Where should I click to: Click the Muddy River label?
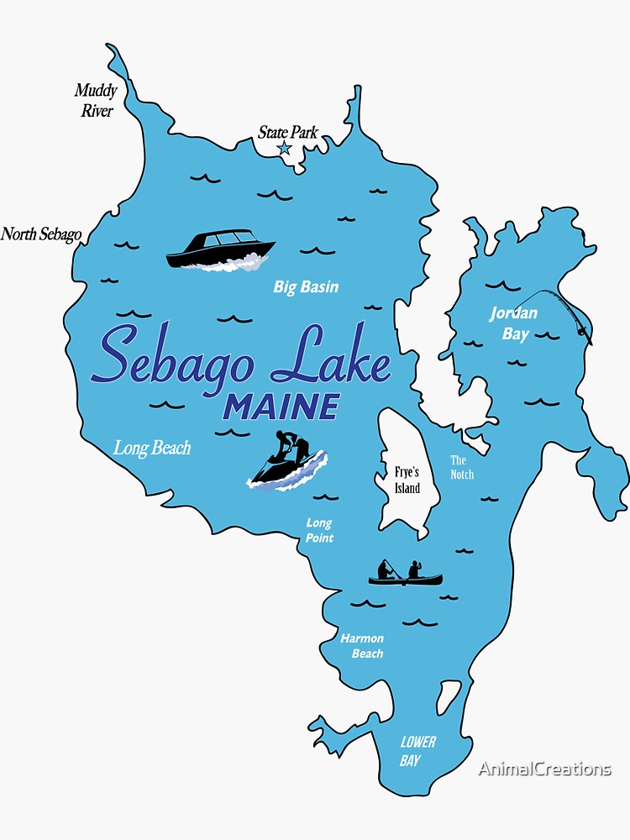pos(96,100)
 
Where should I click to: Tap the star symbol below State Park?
pos(284,149)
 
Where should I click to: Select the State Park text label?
pos(287,132)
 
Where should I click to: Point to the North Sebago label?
pos(41,234)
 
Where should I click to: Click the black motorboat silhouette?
pos(220,251)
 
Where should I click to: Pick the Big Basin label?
pos(306,287)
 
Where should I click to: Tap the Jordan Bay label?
pos(514,323)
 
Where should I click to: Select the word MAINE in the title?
pos(281,407)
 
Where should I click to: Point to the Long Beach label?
pos(152,448)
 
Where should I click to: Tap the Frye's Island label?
pos(407,480)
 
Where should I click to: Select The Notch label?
pos(461,467)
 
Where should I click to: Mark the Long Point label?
pos(319,530)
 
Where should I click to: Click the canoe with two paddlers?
pos(405,574)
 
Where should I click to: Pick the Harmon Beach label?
pos(362,646)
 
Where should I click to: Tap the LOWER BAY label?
pos(417,751)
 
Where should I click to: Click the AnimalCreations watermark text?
pos(544,769)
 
